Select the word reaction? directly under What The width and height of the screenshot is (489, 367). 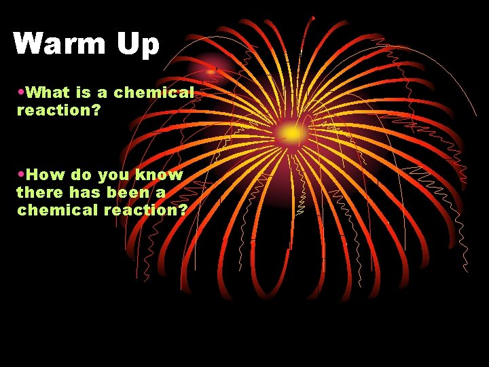coord(58,109)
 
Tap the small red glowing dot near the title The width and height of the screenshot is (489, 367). coord(211,69)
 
